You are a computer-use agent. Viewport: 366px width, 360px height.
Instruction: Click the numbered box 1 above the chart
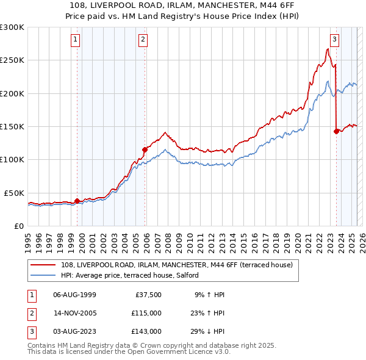pos(76,40)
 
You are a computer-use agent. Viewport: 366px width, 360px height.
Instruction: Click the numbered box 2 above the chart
pos(143,40)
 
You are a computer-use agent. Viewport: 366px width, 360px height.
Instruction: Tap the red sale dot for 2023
pos(336,131)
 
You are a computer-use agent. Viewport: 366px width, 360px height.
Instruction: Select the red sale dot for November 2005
pos(145,149)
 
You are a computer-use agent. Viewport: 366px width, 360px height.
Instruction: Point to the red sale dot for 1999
pos(77,201)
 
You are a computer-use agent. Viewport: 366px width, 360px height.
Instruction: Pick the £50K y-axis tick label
pos(14,193)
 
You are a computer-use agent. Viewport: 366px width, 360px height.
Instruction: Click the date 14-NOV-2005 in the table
pos(75,313)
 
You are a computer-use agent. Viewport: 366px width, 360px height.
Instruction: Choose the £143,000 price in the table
pos(146,331)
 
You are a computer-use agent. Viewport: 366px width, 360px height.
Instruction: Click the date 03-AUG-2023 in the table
pos(75,331)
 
